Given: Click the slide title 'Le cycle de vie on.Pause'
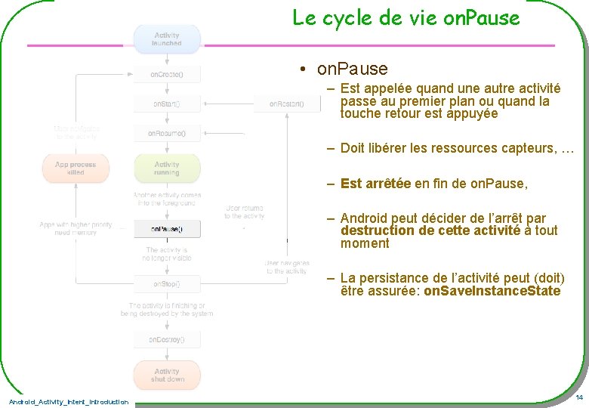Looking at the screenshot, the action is tap(406, 17).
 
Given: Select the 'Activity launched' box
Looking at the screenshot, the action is tap(167, 39).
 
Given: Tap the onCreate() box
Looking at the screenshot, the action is tap(167, 75).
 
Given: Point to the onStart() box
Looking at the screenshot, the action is tap(167, 104).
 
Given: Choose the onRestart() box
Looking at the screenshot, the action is tap(286, 104).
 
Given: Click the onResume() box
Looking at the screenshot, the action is tap(167, 134).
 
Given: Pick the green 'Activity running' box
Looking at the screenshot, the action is tap(167, 168).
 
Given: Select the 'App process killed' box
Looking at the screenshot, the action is tap(76, 168).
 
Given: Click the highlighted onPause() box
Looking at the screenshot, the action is tap(167, 228).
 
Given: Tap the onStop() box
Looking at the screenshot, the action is tap(167, 284).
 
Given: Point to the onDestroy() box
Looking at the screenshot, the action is tap(167, 339).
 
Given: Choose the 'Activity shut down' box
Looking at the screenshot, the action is tap(167, 375).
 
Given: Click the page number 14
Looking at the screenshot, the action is tap(578, 397).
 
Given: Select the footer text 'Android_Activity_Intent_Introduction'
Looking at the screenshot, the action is tap(69, 401).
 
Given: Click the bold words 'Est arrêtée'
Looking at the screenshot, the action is tap(375, 184).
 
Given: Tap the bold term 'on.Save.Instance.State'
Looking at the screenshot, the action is tap(492, 292).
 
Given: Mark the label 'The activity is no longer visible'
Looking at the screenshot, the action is tap(167, 254).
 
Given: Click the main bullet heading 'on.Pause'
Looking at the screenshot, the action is tap(352, 70).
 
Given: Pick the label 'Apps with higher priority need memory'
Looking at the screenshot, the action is tap(76, 228).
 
